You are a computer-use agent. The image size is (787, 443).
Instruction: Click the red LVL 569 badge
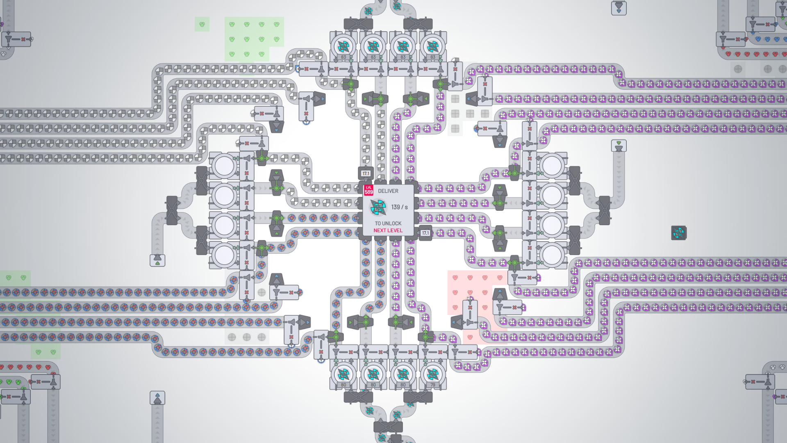tap(368, 190)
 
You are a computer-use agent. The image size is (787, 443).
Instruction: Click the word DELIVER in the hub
tap(388, 191)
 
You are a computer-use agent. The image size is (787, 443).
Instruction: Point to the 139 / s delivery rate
tap(399, 207)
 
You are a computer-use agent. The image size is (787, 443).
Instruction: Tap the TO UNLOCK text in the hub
tap(388, 224)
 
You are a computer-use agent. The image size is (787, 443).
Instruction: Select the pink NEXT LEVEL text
tap(388, 231)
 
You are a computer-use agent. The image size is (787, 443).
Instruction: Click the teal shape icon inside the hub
tap(378, 207)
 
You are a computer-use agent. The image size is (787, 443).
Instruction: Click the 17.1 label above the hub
tap(366, 173)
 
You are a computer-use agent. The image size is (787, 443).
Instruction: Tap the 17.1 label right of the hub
tap(425, 233)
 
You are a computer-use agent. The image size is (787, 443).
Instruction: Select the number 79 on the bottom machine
tap(433, 385)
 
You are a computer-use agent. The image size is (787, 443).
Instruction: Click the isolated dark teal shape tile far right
tap(679, 233)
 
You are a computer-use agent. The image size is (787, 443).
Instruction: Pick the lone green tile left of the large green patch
tap(202, 25)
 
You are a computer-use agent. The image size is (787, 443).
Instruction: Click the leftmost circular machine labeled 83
tap(343, 46)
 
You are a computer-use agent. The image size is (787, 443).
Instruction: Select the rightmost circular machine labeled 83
tap(433, 46)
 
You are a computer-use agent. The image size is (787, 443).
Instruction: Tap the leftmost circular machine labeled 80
tap(343, 374)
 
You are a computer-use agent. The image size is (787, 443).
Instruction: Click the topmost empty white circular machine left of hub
tap(224, 166)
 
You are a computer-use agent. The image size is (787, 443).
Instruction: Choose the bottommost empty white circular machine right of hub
tap(552, 255)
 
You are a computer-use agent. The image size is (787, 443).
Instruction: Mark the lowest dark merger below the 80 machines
tap(388, 427)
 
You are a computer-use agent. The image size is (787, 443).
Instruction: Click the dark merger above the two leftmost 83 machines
tap(358, 24)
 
